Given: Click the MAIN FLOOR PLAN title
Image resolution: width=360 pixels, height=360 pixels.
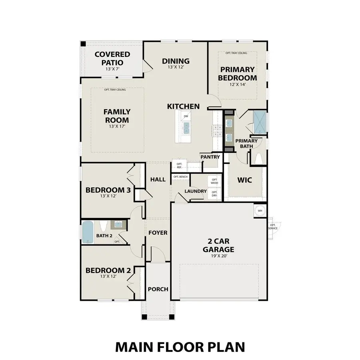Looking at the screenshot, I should coord(180,346).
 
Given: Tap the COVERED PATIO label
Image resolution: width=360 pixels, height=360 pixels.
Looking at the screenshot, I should coord(112,58).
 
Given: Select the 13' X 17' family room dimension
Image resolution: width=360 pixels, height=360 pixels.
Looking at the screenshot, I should coord(117,127).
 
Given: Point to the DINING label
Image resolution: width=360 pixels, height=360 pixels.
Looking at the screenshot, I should coord(176,61).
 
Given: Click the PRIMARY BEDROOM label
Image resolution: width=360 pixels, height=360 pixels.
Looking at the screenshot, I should coord(237,74).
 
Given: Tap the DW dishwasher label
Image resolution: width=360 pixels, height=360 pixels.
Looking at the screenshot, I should coord(186,116).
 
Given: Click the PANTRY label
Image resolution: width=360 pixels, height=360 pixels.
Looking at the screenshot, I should coord(210,157).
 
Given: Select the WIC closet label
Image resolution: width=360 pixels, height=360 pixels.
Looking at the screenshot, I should coord(244,180).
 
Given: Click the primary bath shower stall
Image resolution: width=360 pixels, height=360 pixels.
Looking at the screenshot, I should coord(259,121).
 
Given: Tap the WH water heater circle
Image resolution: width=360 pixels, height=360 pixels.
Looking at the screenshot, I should coord(260,210).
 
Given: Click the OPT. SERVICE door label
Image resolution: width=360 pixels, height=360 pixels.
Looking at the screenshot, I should coord(273,226).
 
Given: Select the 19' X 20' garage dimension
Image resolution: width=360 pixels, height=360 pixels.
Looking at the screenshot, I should coord(218,256).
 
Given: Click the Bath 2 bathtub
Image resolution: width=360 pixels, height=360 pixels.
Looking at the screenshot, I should coord(87,232).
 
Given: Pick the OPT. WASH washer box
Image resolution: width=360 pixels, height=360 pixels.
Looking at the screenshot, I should coord(214,181).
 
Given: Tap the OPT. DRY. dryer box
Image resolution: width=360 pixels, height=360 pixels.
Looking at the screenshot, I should coord(214,194).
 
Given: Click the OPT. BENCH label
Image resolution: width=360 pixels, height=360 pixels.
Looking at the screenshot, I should coord(180,177).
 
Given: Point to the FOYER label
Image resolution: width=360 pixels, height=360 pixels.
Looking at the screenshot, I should coord(158,233).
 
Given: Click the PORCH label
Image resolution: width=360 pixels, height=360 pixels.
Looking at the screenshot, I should coord(158,289).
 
